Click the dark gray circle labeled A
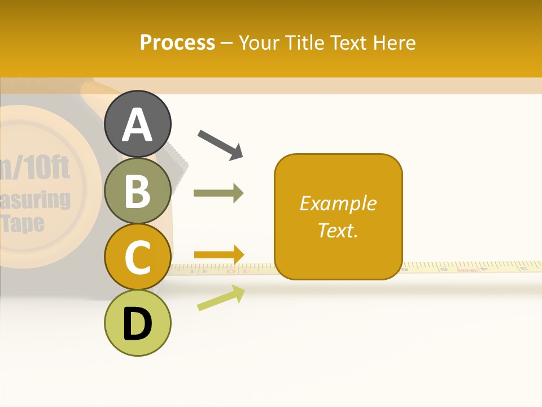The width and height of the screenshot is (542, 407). coord(138,124)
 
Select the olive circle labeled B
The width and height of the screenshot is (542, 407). coord(138,191)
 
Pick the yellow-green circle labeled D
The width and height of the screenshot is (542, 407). coord(138,323)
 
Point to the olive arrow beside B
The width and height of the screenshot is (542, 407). coord(218,193)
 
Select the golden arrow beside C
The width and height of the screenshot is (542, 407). coord(218,254)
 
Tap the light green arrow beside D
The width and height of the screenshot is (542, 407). coord(221,298)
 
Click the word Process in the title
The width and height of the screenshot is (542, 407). coord(177,42)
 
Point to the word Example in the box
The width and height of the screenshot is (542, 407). coord(338,203)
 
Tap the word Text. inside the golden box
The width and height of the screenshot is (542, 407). coord(338,230)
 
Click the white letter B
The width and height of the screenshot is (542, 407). coord(138,191)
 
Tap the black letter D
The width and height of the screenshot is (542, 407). coord(138,324)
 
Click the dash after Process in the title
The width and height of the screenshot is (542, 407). coord(226,44)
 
